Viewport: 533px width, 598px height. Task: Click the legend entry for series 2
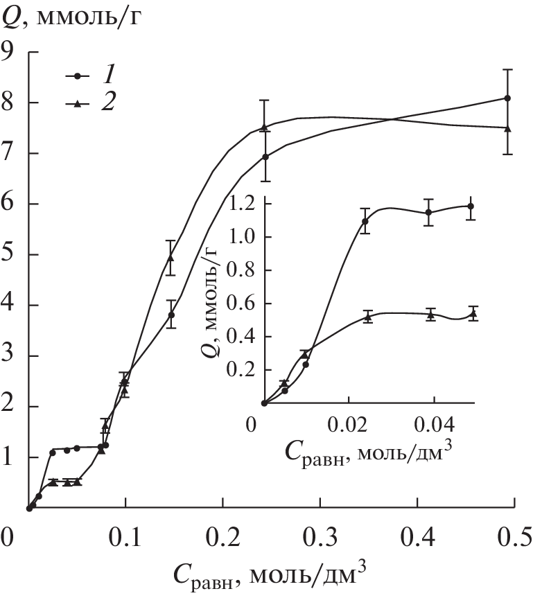pyautogui.click(x=91, y=103)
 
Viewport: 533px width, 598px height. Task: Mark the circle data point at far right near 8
pyautogui.click(x=507, y=98)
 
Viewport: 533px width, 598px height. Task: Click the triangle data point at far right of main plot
pyautogui.click(x=507, y=128)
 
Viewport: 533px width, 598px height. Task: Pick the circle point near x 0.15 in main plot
pyautogui.click(x=171, y=315)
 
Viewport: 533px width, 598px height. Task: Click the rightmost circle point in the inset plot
pyautogui.click(x=471, y=206)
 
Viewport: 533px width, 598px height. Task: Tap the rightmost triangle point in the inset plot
pyautogui.click(x=473, y=314)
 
